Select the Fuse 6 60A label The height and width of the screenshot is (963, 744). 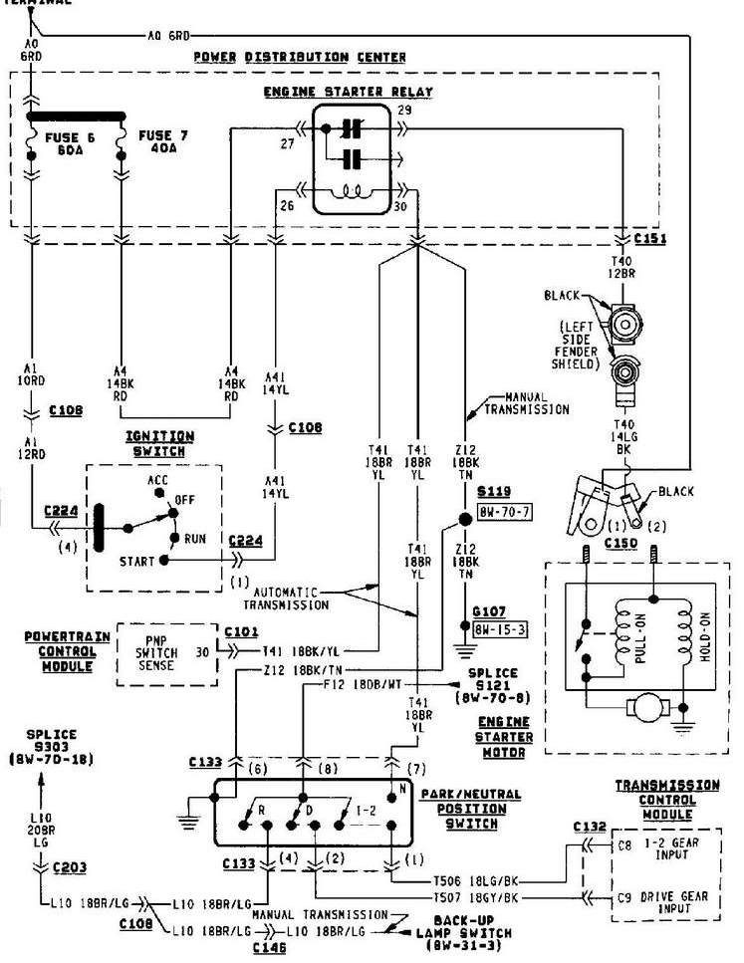click(x=64, y=139)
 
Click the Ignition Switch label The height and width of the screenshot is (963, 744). click(x=159, y=442)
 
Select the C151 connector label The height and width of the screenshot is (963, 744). click(x=649, y=240)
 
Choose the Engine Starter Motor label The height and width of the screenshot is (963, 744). click(x=503, y=736)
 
